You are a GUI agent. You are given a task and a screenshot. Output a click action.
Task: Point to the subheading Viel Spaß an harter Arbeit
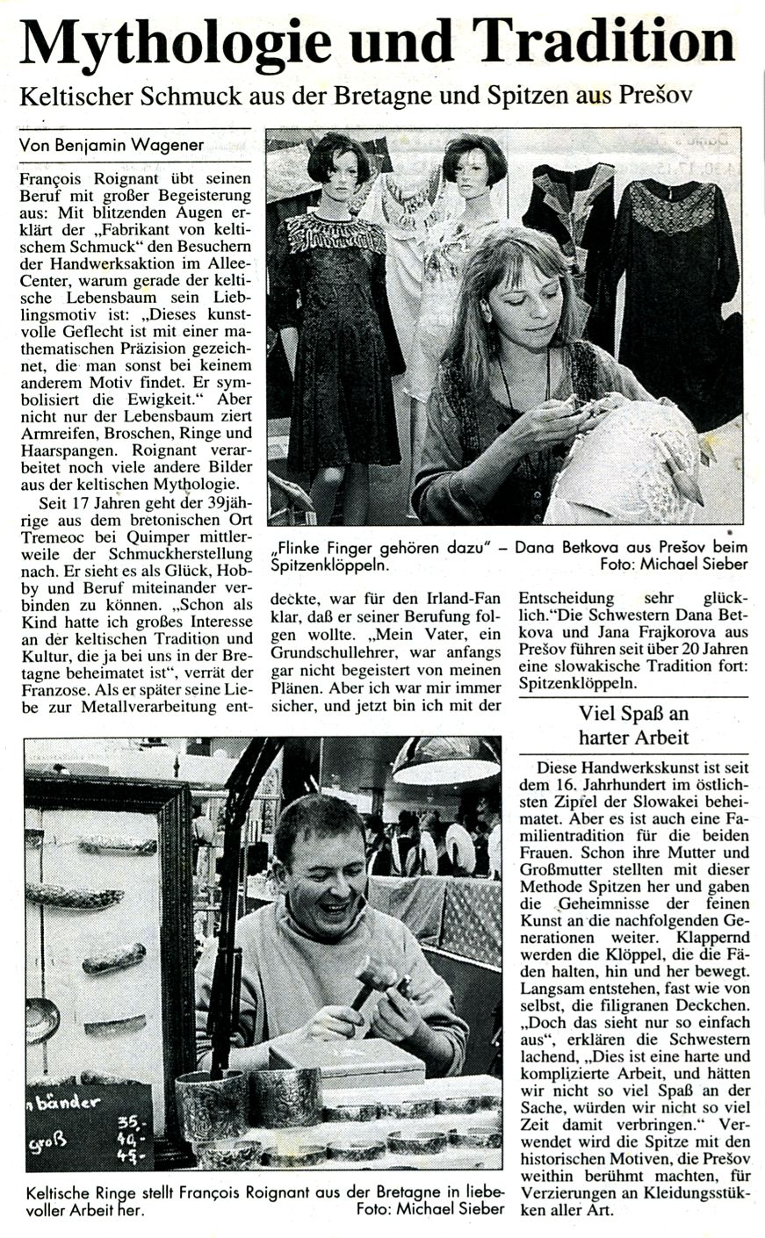pyautogui.click(x=632, y=724)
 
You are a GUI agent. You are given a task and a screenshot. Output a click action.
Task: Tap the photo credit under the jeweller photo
pyautogui.click(x=430, y=1208)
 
